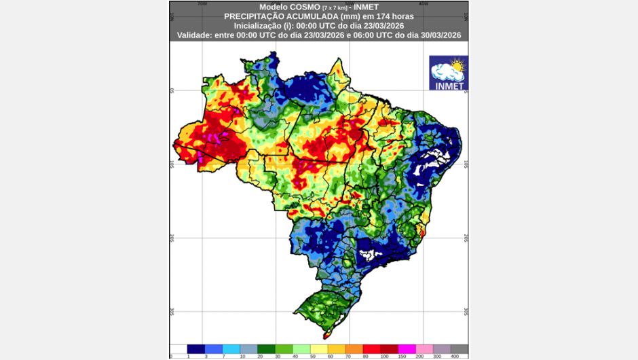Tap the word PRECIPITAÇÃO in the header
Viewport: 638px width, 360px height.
pos(251,15)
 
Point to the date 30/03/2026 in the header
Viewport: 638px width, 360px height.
pos(436,34)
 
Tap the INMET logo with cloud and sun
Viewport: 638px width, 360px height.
pos(448,73)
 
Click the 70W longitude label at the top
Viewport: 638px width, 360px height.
pos(202,3)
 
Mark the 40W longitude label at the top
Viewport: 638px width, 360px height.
pos(423,3)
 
